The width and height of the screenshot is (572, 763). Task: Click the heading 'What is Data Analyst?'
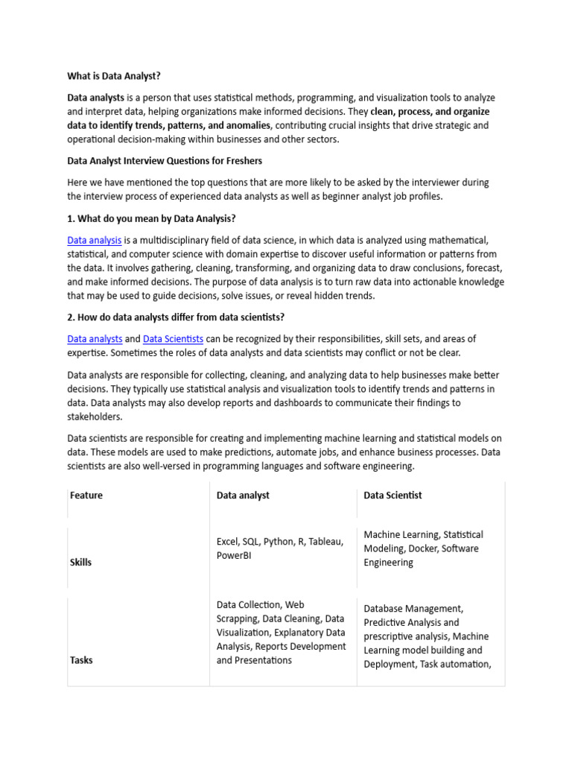pos(114,75)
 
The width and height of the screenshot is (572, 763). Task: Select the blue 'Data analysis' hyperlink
pos(95,240)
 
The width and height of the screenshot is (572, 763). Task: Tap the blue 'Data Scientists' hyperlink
pos(173,339)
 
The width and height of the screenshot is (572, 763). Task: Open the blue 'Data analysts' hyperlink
pos(95,339)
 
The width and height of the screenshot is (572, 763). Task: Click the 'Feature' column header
pos(86,495)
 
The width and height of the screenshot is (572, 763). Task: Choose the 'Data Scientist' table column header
pos(393,495)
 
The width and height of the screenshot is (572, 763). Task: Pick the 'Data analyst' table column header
pos(243,495)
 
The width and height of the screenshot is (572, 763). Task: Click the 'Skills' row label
pos(81,563)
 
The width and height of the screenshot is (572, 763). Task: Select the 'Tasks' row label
pos(81,660)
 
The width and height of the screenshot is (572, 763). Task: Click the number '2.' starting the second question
pos(71,317)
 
